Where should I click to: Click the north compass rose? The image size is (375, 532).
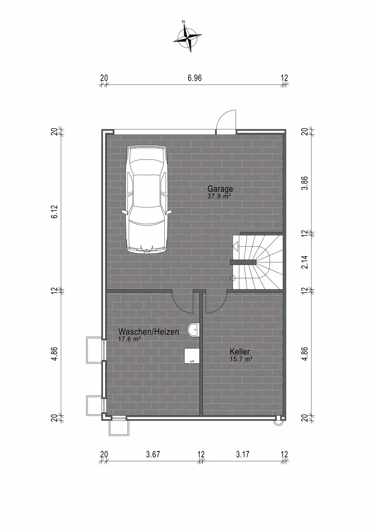click(188, 37)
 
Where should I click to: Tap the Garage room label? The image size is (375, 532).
click(220, 189)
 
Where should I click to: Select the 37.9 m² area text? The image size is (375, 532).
click(219, 196)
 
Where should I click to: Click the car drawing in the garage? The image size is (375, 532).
click(147, 199)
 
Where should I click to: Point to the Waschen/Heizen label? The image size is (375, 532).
click(149, 332)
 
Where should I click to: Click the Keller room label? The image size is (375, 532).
click(240, 351)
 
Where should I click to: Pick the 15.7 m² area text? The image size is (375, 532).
click(241, 359)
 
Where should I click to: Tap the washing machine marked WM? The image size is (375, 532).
click(192, 356)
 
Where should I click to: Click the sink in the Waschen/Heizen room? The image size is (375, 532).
click(194, 330)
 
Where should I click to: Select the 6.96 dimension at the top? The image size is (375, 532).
click(195, 78)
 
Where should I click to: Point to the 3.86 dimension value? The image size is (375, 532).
click(304, 183)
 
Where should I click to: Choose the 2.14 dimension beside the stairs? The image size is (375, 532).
click(304, 262)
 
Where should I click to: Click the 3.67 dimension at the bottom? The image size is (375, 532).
click(153, 454)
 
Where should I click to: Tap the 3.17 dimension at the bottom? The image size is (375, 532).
click(243, 454)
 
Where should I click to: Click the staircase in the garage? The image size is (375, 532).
click(258, 262)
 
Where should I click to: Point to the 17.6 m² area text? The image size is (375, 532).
click(129, 339)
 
